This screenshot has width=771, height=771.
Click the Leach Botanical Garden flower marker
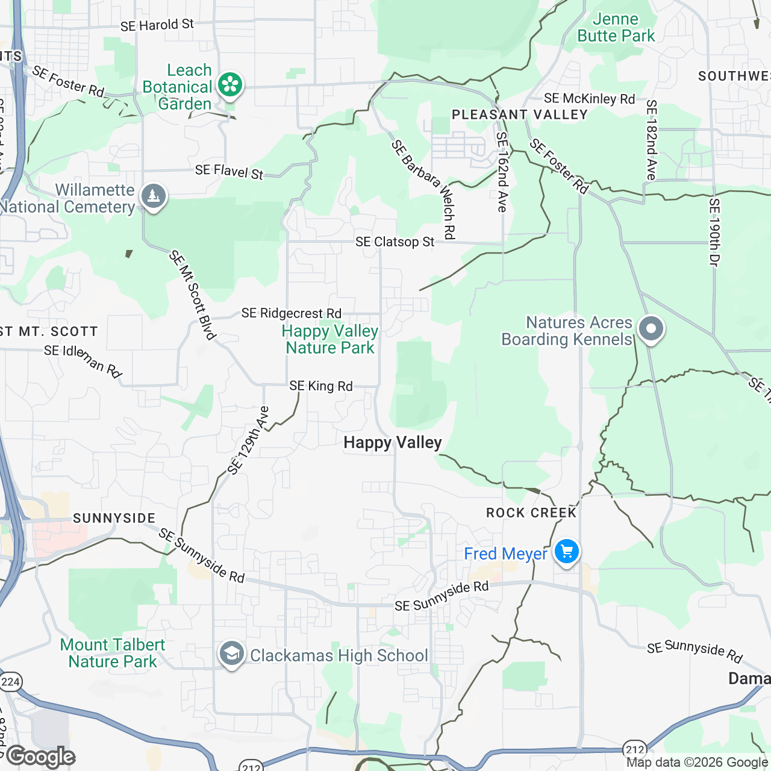(x=229, y=85)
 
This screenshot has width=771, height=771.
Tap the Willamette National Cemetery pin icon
(x=154, y=196)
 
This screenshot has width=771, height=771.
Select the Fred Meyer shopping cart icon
(x=566, y=551)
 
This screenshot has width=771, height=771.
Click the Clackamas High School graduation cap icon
(x=231, y=655)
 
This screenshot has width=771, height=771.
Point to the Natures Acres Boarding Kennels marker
(x=651, y=329)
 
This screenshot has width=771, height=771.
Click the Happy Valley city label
(x=393, y=443)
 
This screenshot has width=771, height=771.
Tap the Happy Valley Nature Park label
(x=330, y=340)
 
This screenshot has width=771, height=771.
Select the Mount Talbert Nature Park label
(x=113, y=653)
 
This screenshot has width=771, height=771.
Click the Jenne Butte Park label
(x=616, y=28)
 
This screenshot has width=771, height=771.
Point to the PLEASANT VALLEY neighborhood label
(x=519, y=115)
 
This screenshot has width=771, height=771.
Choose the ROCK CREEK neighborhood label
(x=531, y=513)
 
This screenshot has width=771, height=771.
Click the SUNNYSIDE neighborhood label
(x=114, y=518)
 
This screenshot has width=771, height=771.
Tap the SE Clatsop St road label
(x=395, y=242)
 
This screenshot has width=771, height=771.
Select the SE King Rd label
(x=321, y=386)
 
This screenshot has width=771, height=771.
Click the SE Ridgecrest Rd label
(x=292, y=313)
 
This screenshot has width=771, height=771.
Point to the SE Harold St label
(x=157, y=25)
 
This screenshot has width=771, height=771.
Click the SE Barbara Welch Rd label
(x=424, y=189)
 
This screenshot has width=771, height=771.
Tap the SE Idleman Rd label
(x=83, y=360)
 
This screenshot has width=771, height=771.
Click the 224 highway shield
(x=10, y=682)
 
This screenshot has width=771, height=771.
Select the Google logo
(x=41, y=757)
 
